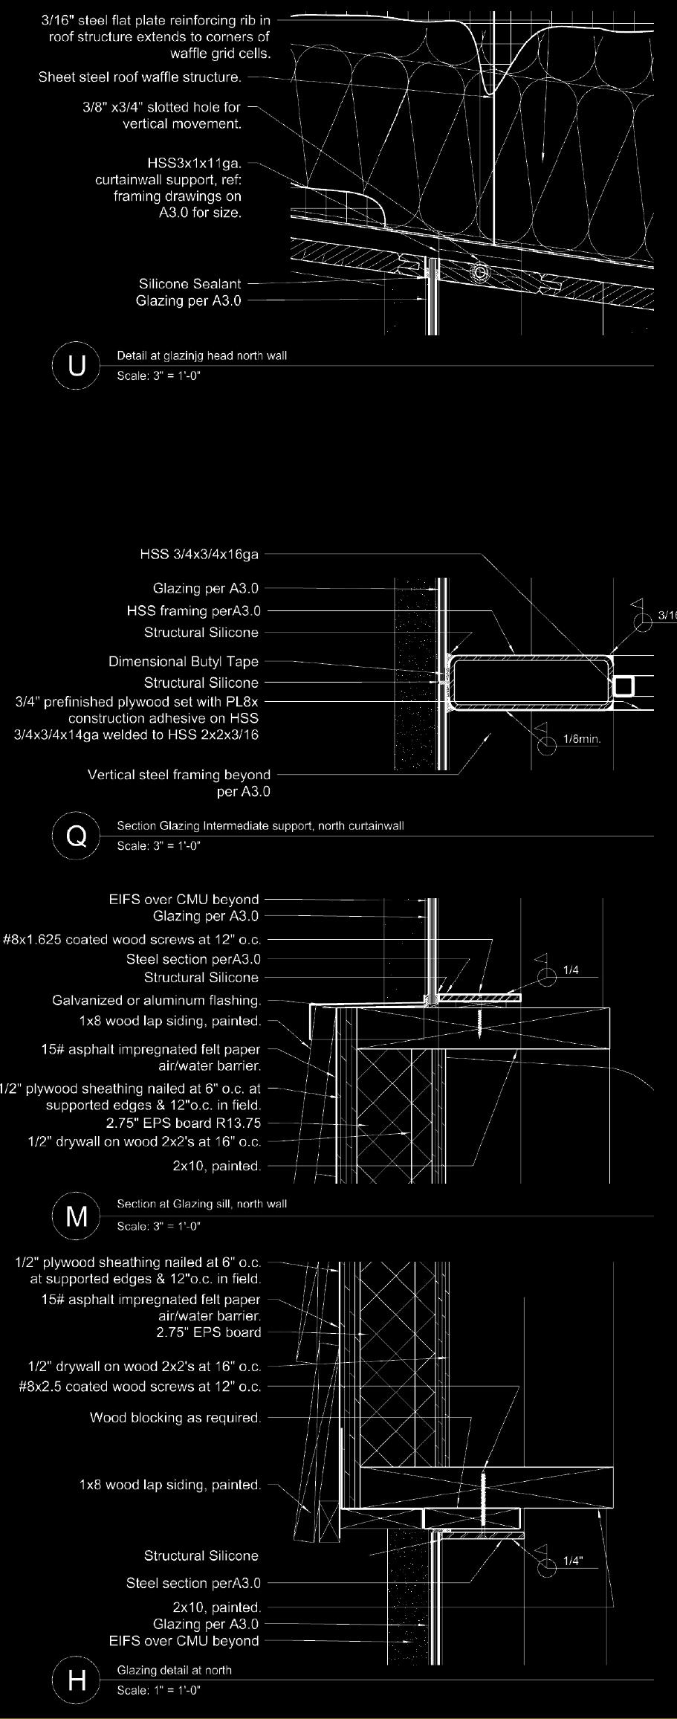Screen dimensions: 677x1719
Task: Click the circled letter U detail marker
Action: point(77,365)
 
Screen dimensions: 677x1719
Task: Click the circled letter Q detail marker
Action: point(77,836)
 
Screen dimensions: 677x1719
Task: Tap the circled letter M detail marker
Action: point(77,1216)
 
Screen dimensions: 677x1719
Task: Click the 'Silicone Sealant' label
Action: point(190,283)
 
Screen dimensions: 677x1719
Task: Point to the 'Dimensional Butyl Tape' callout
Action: point(184,661)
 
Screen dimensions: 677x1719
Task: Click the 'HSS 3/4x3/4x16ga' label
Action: point(199,554)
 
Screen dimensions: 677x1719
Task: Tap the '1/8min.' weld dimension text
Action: point(582,739)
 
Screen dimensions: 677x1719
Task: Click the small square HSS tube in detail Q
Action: point(624,686)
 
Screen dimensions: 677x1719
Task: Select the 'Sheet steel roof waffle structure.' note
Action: point(140,77)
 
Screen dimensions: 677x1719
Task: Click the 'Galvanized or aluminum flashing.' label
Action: point(157,1000)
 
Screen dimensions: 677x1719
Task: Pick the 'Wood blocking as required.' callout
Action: point(175,1417)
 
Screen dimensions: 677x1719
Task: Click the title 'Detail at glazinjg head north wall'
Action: point(201,355)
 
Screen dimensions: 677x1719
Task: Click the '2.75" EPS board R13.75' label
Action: point(184,1123)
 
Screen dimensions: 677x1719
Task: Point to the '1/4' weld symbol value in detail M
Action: point(571,970)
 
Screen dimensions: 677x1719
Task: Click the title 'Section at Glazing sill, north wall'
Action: point(201,1204)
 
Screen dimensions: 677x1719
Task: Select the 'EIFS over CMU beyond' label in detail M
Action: point(184,899)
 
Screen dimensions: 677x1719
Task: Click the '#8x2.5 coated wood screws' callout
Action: point(140,1386)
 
